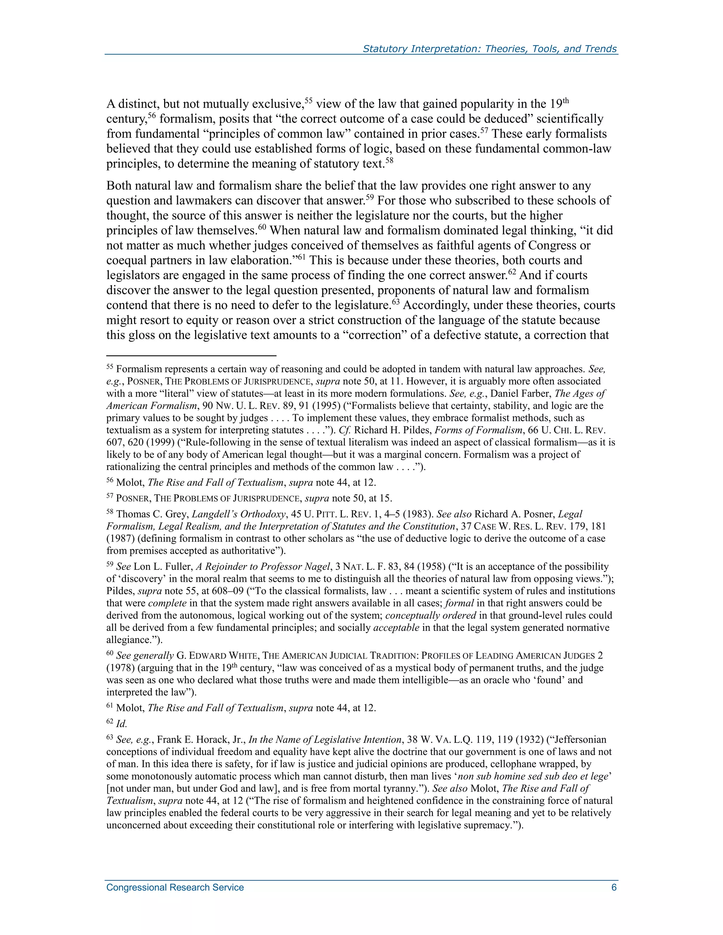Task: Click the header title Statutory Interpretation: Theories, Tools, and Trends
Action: [x=490, y=49]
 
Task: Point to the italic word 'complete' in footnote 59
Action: [x=167, y=603]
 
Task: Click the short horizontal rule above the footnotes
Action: [x=191, y=355]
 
